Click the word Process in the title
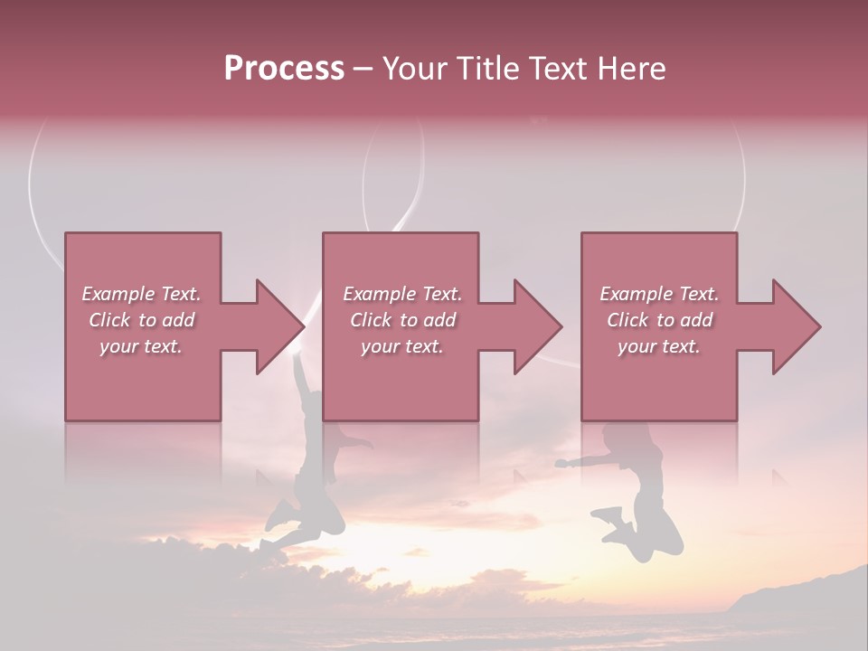tap(284, 69)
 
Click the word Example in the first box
tap(118, 294)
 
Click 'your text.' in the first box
tap(141, 346)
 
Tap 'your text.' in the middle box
tap(401, 346)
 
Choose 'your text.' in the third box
tap(659, 346)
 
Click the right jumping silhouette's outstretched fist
tap(563, 464)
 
